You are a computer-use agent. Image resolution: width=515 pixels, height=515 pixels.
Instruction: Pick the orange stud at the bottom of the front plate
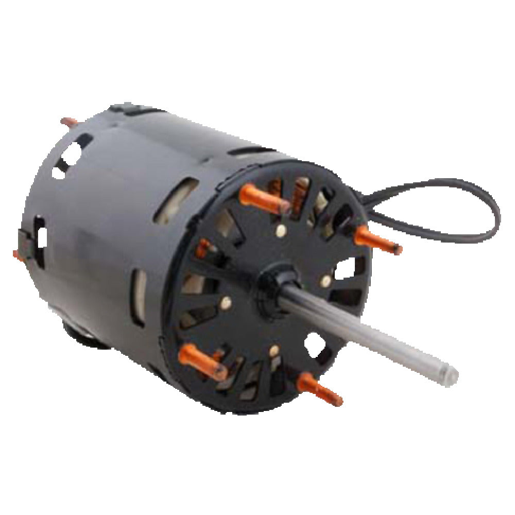click(x=319, y=389)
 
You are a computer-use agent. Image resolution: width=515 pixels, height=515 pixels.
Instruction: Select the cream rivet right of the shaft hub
click(x=325, y=281)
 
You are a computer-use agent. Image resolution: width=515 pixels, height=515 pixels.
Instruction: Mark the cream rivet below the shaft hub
click(x=272, y=352)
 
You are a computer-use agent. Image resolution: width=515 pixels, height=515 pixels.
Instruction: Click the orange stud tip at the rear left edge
click(x=16, y=254)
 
